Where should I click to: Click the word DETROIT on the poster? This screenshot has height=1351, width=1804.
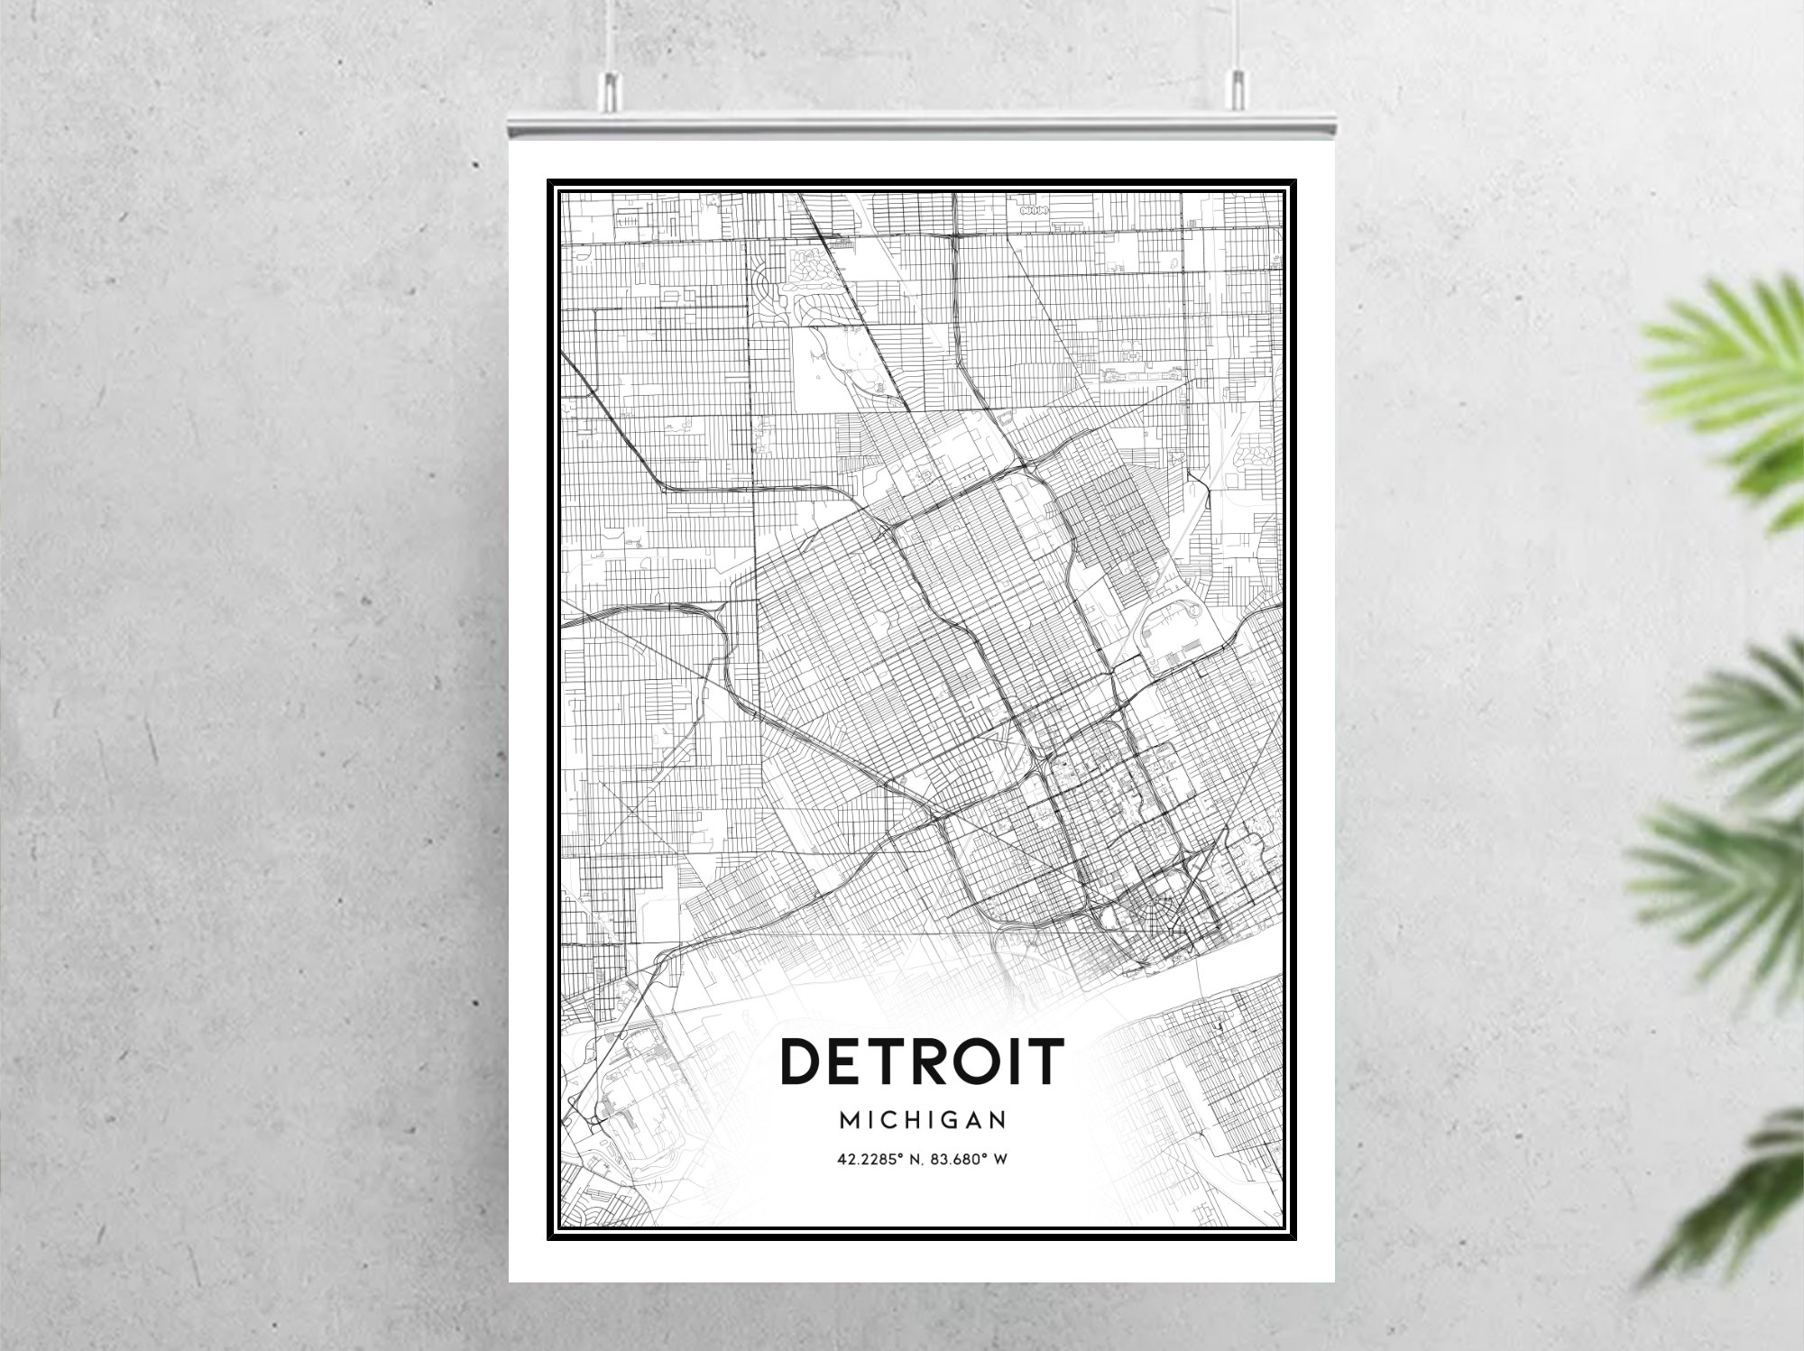(922, 1061)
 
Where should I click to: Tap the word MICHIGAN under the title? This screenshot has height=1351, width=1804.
(922, 1120)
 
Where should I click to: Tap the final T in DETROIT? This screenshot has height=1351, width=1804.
(1045, 1061)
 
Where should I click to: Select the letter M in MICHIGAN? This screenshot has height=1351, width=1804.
(850, 1120)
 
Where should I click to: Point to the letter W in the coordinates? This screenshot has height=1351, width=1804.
(999, 1160)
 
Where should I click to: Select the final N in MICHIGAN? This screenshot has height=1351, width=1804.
(998, 1120)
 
